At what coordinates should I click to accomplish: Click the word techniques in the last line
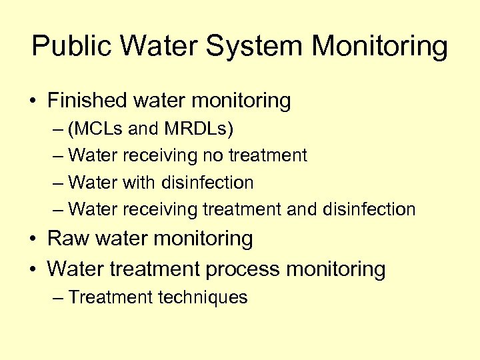coord(203,297)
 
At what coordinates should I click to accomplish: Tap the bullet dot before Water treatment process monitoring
coord(34,270)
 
